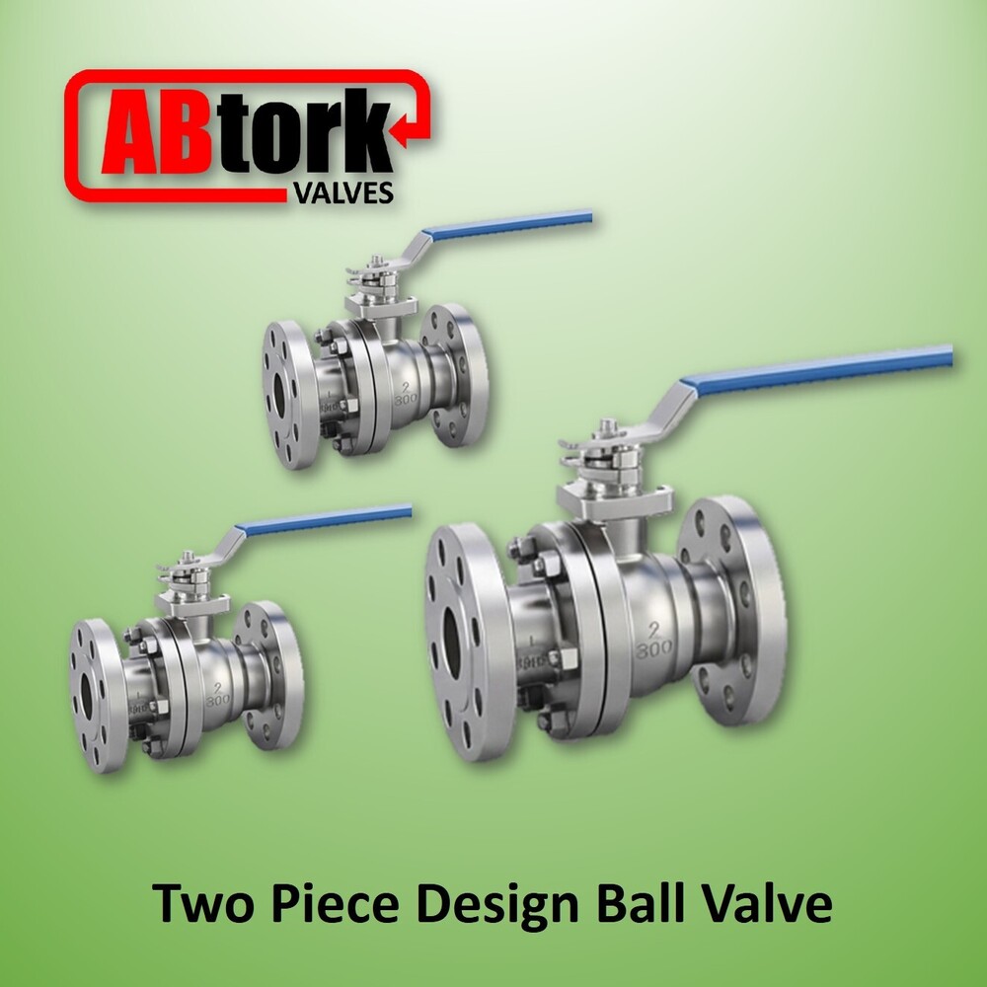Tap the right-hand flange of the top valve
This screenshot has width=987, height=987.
(x=460, y=375)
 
